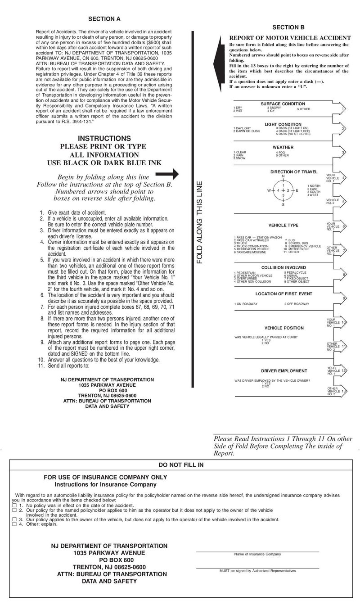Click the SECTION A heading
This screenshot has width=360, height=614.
104,19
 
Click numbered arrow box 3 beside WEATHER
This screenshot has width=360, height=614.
343,153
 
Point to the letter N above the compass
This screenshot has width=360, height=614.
283,176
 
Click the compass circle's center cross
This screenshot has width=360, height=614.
283,190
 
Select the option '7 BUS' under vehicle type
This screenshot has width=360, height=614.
289,240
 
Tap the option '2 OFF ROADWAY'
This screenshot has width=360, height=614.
297,304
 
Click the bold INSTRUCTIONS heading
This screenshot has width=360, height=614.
104,138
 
